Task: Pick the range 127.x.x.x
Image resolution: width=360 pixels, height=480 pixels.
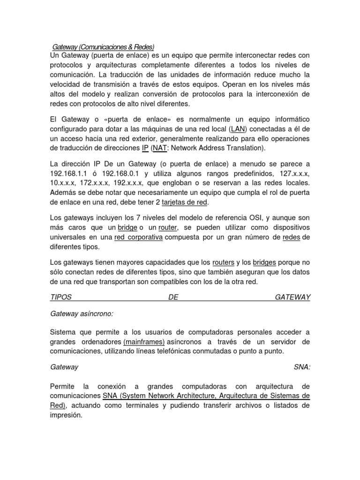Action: pyautogui.click(x=295, y=174)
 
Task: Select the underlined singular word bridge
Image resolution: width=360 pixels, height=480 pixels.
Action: pyautogui.click(x=127, y=228)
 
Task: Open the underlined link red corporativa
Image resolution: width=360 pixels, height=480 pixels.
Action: pyautogui.click(x=138, y=237)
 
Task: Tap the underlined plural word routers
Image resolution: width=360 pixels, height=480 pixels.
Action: pyautogui.click(x=223, y=262)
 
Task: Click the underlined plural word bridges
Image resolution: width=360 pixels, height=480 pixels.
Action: pyautogui.click(x=264, y=262)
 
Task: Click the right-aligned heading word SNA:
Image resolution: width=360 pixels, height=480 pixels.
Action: pyautogui.click(x=302, y=367)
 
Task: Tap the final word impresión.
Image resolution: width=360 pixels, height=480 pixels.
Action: pyautogui.click(x=66, y=415)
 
